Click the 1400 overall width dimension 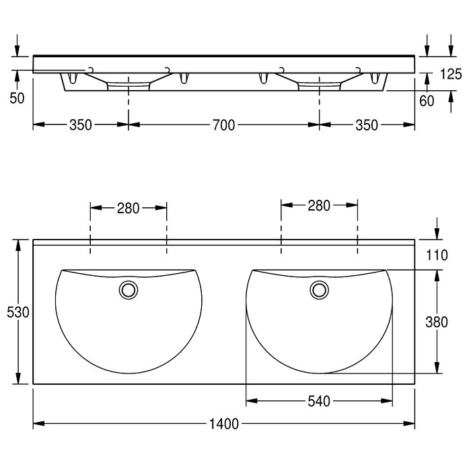[x=224, y=424]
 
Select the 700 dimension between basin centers [x=224, y=125]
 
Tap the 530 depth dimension [x=17, y=312]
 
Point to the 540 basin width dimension [x=319, y=401]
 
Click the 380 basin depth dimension [x=437, y=322]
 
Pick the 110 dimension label [x=437, y=255]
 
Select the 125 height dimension [x=451, y=74]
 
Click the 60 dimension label [x=427, y=101]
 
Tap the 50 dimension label [x=17, y=98]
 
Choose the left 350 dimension [x=81, y=125]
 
